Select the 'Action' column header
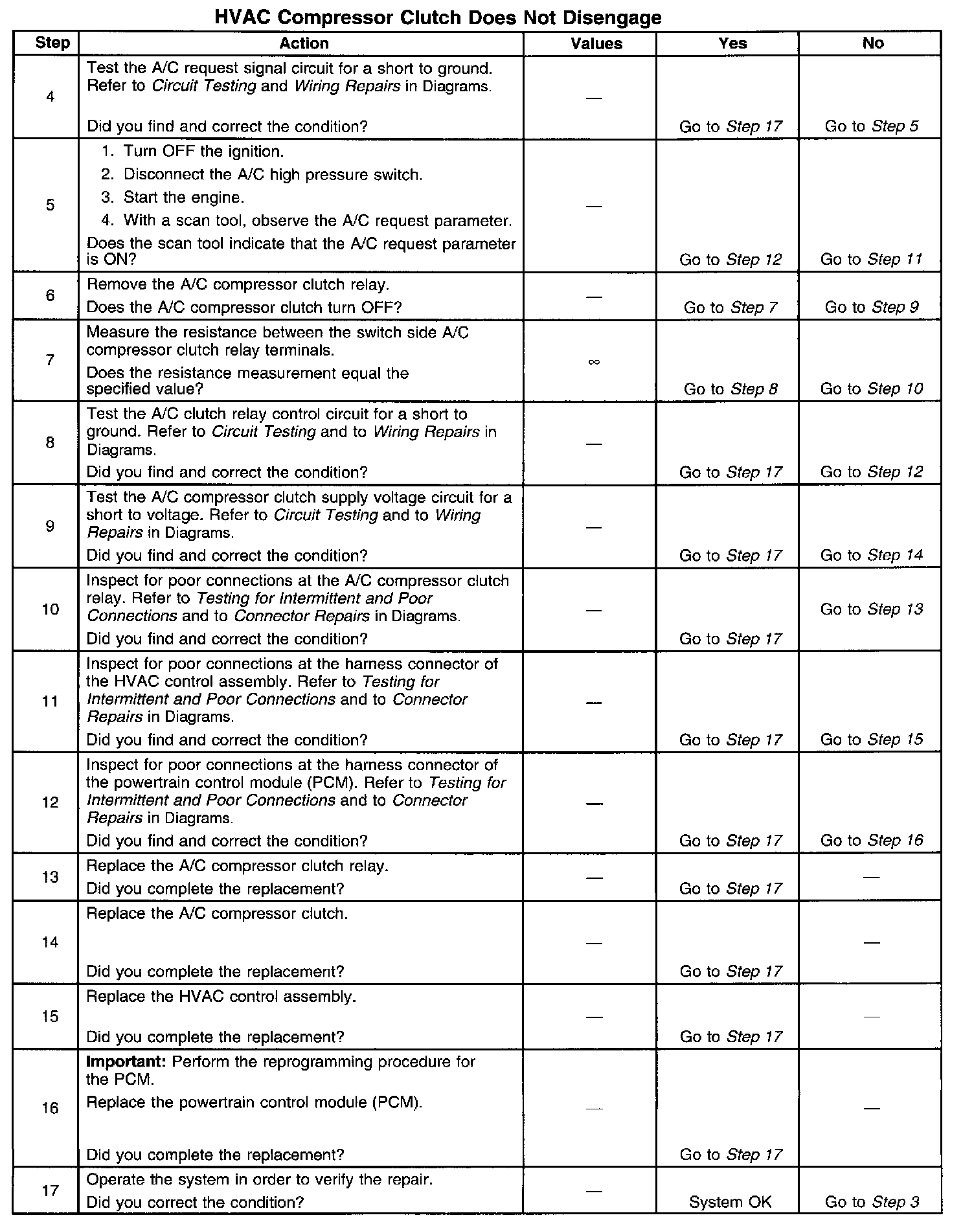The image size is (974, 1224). pos(304,43)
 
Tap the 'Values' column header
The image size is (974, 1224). pos(596,43)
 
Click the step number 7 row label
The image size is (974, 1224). pos(50,360)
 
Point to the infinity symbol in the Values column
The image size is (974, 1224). pos(594,362)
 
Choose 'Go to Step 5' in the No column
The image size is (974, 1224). pos(871,126)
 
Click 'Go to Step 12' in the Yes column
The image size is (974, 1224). pos(730,260)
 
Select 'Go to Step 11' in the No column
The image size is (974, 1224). pos(871,260)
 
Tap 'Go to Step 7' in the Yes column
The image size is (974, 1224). pos(730,307)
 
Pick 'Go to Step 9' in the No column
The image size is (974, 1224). pos(871,307)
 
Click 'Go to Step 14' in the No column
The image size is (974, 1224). pos(871,555)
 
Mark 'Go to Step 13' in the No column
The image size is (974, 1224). pos(871,609)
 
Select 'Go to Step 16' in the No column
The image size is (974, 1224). pos(871,840)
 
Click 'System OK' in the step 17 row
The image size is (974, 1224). pos(730,1202)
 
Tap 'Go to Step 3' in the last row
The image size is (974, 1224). pos(872,1202)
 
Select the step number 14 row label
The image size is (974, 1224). pos(50,942)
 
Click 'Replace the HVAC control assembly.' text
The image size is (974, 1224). pos(221,997)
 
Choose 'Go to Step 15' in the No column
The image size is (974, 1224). pos(871,739)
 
